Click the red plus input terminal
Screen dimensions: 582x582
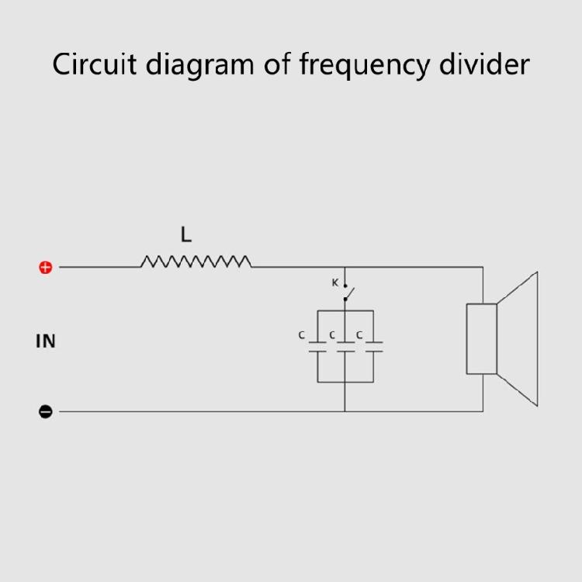tap(46, 267)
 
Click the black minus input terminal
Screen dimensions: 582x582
tap(46, 411)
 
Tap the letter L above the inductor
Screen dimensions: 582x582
tap(186, 234)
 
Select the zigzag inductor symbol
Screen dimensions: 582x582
tap(196, 262)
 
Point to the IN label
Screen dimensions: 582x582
tap(46, 341)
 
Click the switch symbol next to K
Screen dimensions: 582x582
tap(348, 293)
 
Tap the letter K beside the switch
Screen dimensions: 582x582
tap(334, 282)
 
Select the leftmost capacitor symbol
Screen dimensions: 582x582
tap(317, 347)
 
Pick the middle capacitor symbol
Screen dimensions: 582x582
tap(345, 347)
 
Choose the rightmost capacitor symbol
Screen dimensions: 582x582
tap(374, 347)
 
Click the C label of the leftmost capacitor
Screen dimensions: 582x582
tap(301, 335)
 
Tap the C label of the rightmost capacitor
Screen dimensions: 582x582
tap(359, 335)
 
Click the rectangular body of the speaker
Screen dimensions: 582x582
tap(481, 339)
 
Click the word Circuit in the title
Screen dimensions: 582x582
tap(95, 64)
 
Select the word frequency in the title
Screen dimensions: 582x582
tap(365, 66)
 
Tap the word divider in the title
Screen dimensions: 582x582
tap(484, 64)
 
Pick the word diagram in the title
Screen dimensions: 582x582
tap(199, 66)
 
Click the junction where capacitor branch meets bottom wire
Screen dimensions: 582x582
tap(345, 411)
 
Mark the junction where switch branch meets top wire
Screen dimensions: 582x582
tap(345, 267)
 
